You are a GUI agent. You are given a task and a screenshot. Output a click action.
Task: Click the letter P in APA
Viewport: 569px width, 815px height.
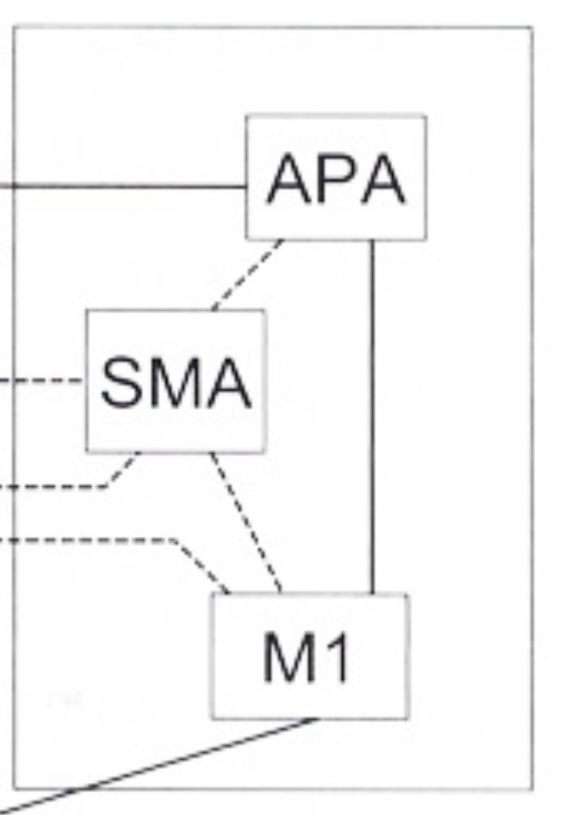[x=337, y=180]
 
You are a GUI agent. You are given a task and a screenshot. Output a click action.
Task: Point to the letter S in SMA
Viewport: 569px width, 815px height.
[x=120, y=382]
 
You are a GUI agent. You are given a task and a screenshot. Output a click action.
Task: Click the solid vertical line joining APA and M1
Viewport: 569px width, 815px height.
[x=371, y=416]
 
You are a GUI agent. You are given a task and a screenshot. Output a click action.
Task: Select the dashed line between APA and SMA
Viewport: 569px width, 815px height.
[x=247, y=275]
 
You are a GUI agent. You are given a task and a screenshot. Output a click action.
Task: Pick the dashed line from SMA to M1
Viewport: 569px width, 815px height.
[x=246, y=523]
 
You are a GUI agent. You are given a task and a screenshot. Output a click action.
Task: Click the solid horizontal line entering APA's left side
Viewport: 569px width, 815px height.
[x=126, y=186]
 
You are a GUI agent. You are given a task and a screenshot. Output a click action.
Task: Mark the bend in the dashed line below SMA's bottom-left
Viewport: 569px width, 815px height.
[x=106, y=486]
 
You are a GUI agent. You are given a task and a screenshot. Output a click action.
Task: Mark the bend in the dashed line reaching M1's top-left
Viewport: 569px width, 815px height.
[x=173, y=540]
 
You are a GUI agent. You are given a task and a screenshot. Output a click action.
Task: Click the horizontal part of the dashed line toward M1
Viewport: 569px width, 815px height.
[x=88, y=540]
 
